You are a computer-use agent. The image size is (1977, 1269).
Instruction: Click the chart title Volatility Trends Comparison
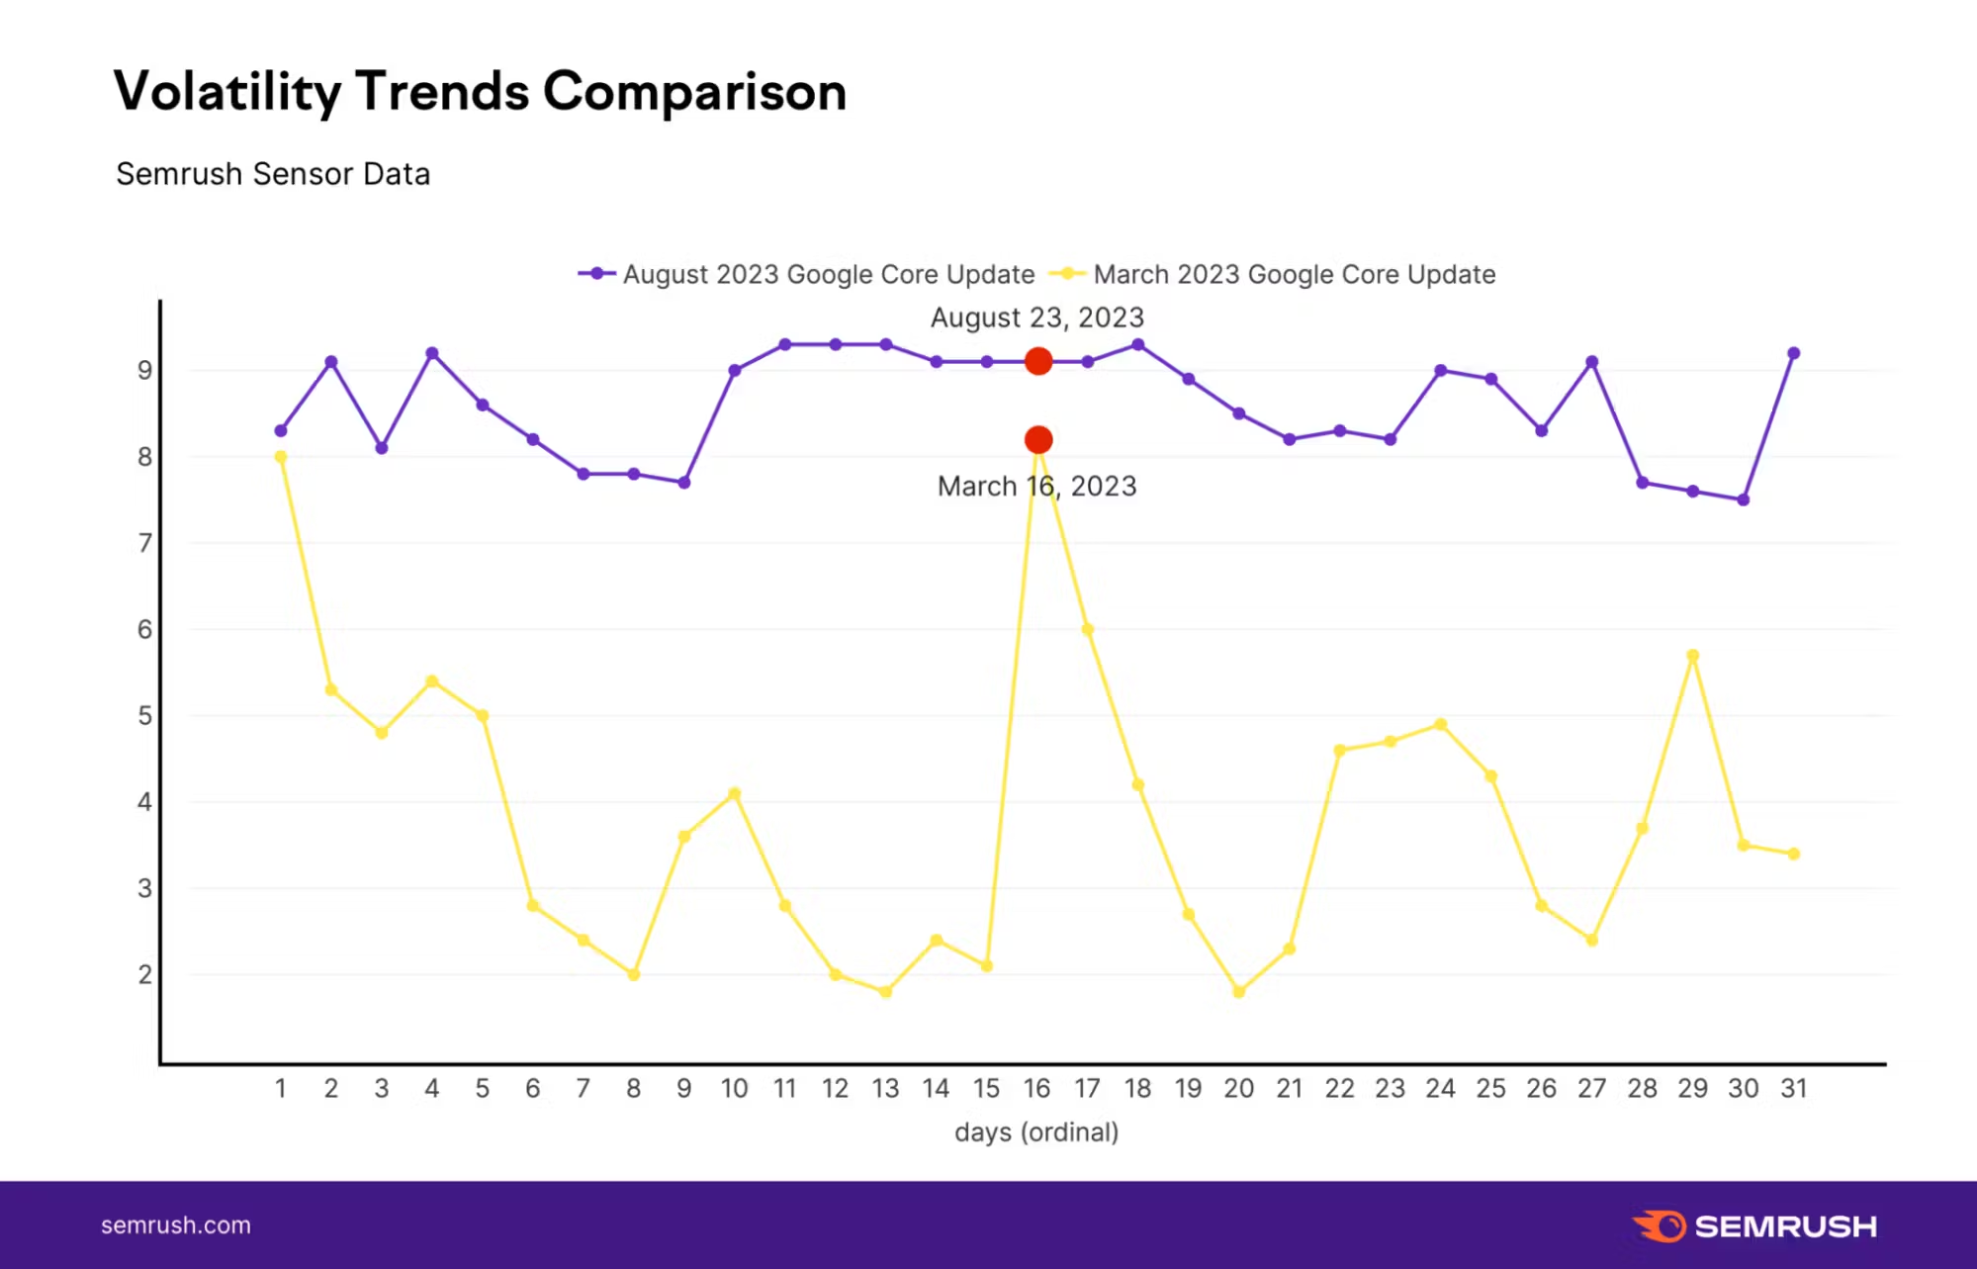(x=480, y=92)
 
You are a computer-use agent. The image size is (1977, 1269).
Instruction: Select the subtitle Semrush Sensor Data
(x=273, y=174)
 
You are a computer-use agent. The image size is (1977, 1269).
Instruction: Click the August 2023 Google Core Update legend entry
(x=806, y=274)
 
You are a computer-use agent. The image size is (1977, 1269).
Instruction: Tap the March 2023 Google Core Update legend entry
(x=1273, y=274)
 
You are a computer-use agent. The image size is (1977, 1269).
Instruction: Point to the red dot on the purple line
(x=1037, y=361)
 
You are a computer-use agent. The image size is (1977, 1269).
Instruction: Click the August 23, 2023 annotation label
(x=1036, y=317)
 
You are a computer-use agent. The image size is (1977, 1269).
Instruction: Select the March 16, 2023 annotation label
(x=1036, y=487)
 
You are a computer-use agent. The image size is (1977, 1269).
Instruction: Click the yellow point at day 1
(x=281, y=457)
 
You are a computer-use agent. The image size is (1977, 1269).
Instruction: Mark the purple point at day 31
(x=1793, y=353)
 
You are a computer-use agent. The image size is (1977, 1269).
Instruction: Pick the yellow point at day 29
(x=1692, y=656)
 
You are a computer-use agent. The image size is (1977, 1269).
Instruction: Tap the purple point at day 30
(x=1743, y=499)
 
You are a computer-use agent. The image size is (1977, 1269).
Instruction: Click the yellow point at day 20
(x=1238, y=991)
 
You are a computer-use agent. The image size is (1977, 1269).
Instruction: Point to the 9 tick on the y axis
(x=145, y=371)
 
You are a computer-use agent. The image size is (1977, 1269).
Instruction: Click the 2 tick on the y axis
(x=145, y=975)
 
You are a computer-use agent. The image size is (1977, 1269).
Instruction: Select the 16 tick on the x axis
(x=1036, y=1089)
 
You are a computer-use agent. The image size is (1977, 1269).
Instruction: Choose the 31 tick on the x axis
(x=1793, y=1089)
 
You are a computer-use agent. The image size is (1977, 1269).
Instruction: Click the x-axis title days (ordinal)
(x=1036, y=1133)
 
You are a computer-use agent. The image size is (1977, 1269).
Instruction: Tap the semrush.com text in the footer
(x=176, y=1225)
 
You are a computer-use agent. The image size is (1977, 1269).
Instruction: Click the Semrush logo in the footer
(x=1754, y=1226)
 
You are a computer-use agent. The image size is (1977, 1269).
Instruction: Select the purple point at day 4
(x=432, y=353)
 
